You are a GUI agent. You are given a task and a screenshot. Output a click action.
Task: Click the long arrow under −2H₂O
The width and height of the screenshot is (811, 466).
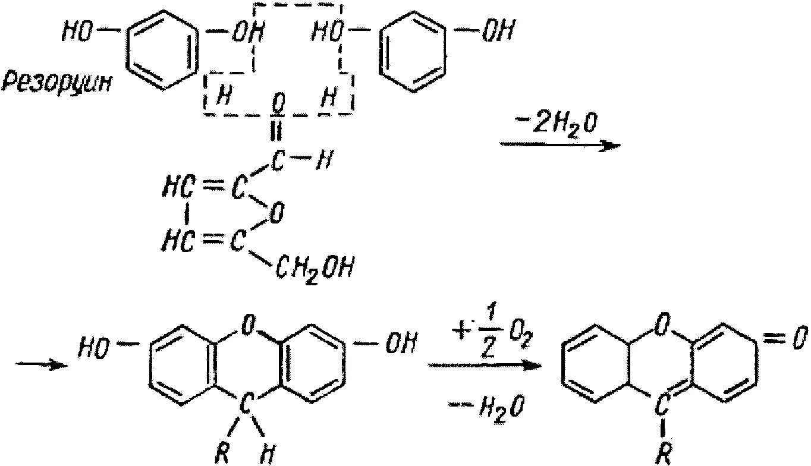[x=559, y=145]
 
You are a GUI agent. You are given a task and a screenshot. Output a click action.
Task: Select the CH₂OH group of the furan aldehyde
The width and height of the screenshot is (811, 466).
[x=315, y=270]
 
